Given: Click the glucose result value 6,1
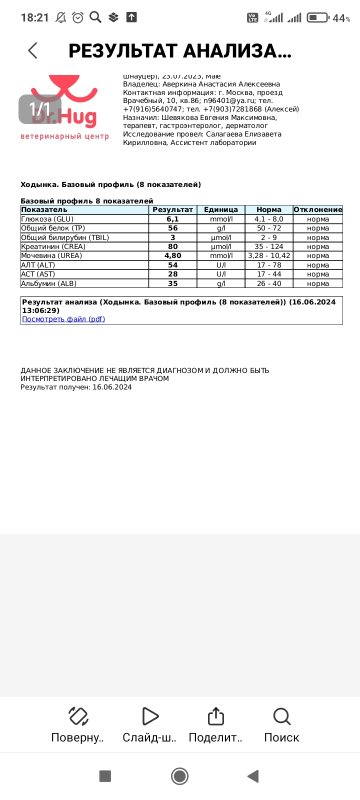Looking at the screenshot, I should coord(172,219).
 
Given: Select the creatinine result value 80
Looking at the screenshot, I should coord(172,246).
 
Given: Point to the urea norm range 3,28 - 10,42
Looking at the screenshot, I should coord(269,255).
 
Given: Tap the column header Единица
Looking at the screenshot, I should coord(220,209).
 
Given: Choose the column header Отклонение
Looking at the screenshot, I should coord(318,209).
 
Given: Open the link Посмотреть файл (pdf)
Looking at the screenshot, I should coord(63,319).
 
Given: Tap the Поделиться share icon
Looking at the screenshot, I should coord(215,716).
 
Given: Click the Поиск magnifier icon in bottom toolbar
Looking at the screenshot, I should coord(282,716).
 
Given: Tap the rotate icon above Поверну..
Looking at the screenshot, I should coord(78,716).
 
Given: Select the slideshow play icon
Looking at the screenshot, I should coord(149,716).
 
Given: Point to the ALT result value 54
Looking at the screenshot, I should coord(172,265).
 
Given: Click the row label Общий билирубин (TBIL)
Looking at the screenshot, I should coord(65,237).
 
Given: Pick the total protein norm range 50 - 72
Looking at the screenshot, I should coord(269,228).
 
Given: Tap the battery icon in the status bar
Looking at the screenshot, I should coord(317,17).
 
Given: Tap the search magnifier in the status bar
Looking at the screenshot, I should coord(95,17).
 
